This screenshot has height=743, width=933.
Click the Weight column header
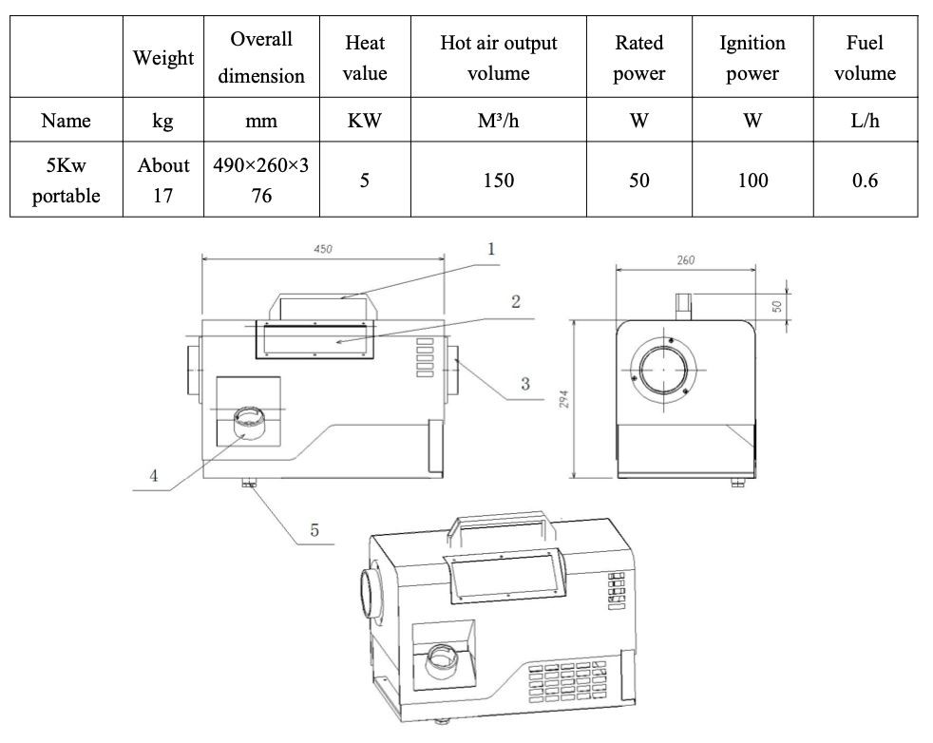click(163, 58)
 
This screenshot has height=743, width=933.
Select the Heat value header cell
click(365, 58)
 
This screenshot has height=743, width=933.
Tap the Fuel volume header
click(865, 58)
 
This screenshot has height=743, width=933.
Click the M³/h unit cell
click(498, 121)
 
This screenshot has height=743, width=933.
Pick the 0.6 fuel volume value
click(865, 180)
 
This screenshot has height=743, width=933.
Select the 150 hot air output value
click(498, 180)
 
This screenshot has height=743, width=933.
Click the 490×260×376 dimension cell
click(261, 180)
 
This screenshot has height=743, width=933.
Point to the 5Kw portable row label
click(67, 180)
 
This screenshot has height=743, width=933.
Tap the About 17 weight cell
click(163, 180)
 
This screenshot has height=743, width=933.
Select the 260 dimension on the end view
click(685, 260)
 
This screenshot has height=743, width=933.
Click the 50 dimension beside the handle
click(776, 306)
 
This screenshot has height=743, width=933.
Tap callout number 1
click(491, 249)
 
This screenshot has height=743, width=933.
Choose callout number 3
click(524, 384)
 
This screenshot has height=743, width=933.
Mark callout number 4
click(153, 476)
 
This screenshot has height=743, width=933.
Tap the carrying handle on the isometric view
click(501, 525)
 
